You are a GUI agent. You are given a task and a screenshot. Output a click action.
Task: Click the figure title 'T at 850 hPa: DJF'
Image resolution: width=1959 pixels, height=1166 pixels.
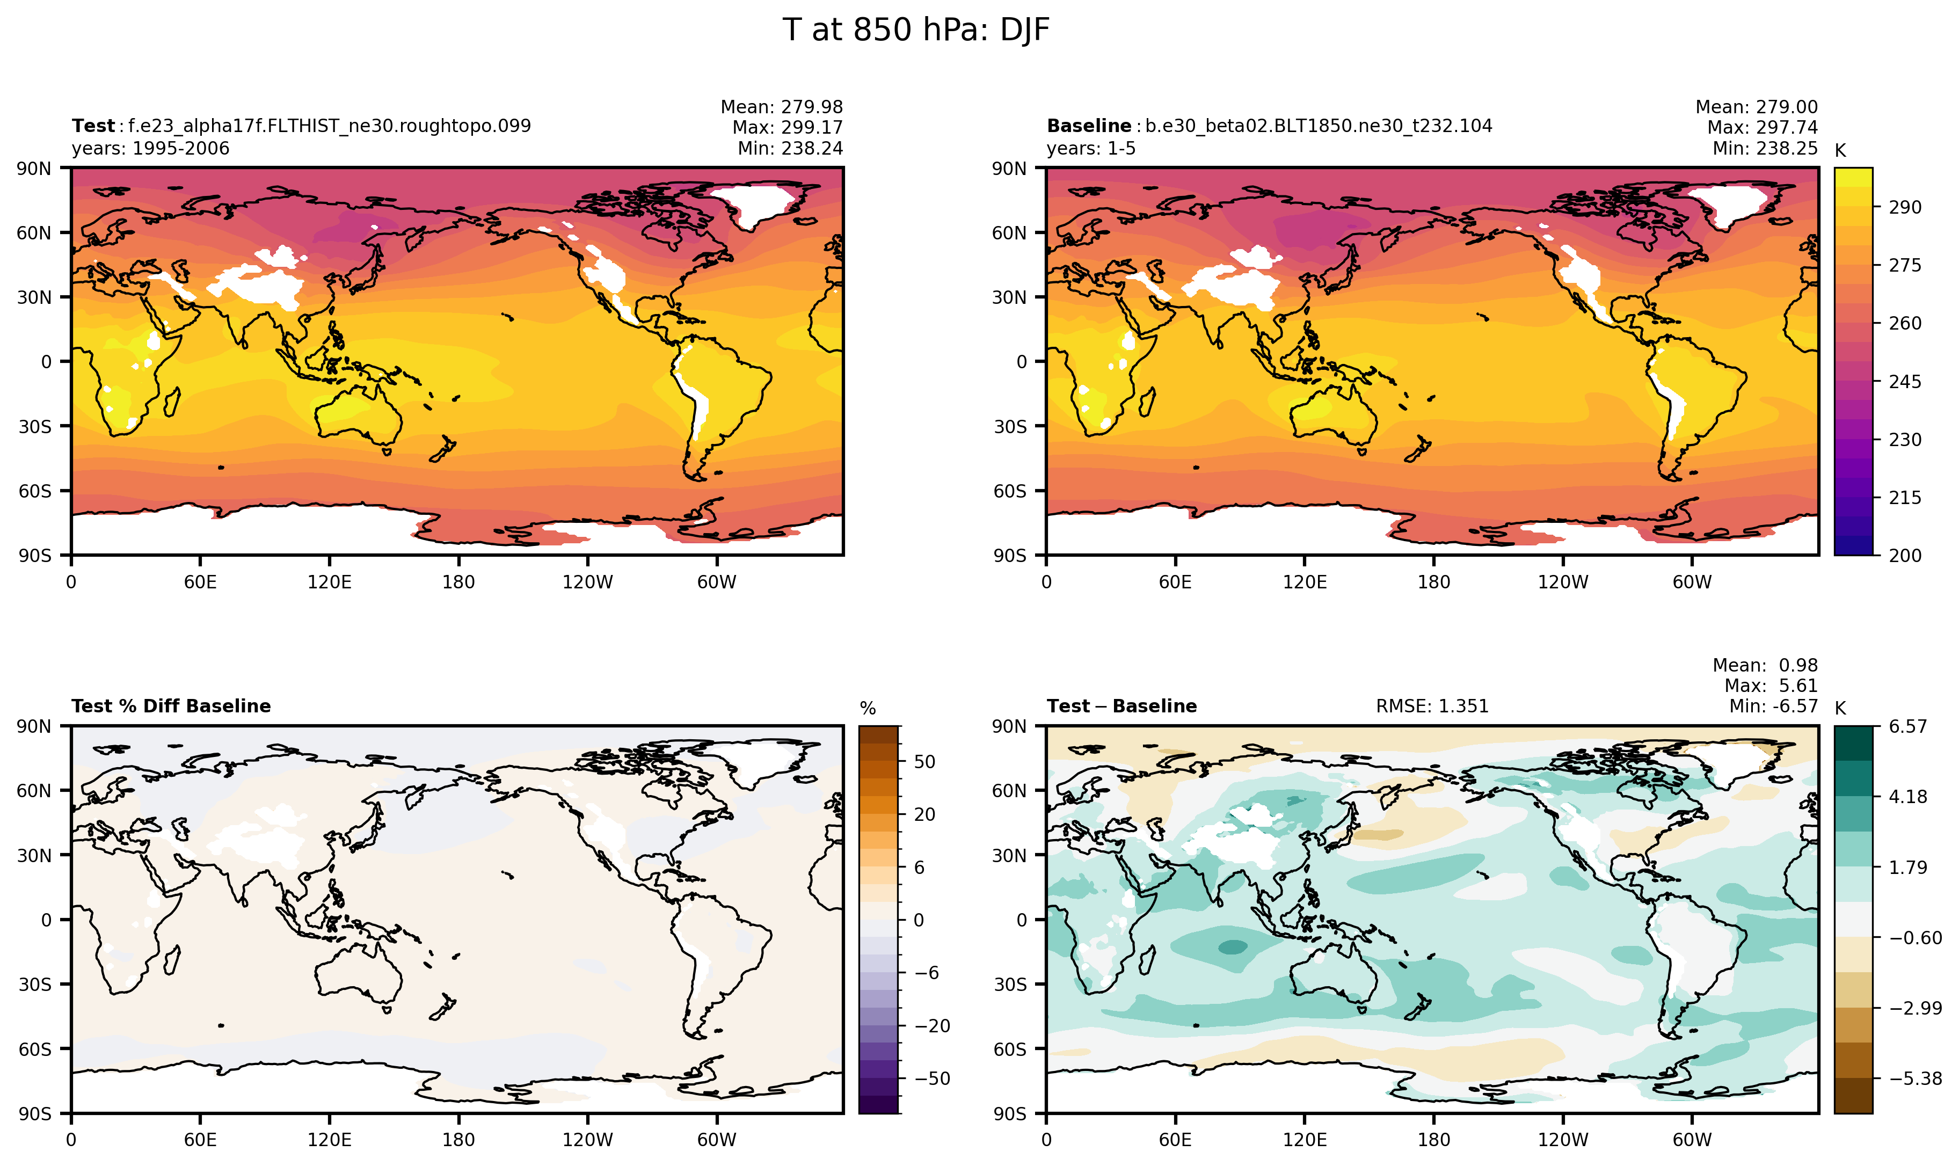click(x=915, y=30)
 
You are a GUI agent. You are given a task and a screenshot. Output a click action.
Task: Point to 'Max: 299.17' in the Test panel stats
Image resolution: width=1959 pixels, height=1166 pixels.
click(x=788, y=127)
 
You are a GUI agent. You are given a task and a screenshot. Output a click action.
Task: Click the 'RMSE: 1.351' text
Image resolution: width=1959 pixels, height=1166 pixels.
click(x=1432, y=706)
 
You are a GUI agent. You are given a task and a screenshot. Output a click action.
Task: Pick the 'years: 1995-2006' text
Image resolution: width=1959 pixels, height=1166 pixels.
click(x=150, y=149)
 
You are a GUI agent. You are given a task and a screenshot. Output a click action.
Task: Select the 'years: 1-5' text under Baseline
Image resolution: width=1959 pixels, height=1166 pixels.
click(x=1091, y=149)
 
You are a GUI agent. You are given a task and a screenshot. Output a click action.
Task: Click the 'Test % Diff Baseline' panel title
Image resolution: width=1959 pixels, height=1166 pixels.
click(x=171, y=706)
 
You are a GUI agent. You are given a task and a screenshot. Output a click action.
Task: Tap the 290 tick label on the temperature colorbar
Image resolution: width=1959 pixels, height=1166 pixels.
click(x=1905, y=207)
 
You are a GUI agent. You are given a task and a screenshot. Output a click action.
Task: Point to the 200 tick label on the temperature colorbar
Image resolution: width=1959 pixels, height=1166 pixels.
click(x=1905, y=556)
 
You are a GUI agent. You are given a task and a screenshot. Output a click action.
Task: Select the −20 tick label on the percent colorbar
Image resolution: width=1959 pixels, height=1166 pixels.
click(x=932, y=1025)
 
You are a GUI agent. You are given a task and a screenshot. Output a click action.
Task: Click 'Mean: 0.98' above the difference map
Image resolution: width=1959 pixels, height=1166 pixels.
click(x=1765, y=666)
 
